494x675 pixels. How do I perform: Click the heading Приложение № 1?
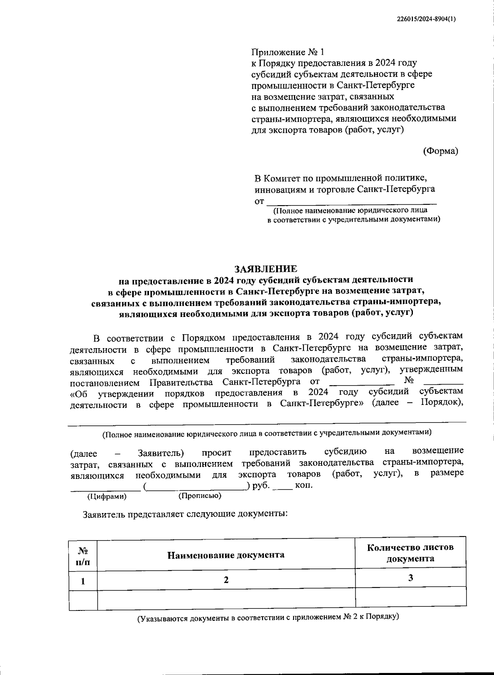coord(288,52)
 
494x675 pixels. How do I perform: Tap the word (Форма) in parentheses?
coord(440,151)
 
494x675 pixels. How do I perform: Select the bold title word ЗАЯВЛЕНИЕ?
coord(266,269)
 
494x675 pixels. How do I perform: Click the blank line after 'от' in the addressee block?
coord(352,201)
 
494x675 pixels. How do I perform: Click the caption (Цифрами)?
coord(107,497)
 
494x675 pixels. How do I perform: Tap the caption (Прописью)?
coord(200,496)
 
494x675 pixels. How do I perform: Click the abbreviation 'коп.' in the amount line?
coord(304,485)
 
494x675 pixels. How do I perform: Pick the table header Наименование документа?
coord(226,555)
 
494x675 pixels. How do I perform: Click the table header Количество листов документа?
coord(410,553)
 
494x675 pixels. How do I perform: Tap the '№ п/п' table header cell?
coord(83,555)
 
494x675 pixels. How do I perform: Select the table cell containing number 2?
coord(226,580)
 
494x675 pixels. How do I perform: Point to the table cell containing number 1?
coord(83,581)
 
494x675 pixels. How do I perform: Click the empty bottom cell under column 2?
coord(226,599)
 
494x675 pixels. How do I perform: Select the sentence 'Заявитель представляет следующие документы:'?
coord(185,514)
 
